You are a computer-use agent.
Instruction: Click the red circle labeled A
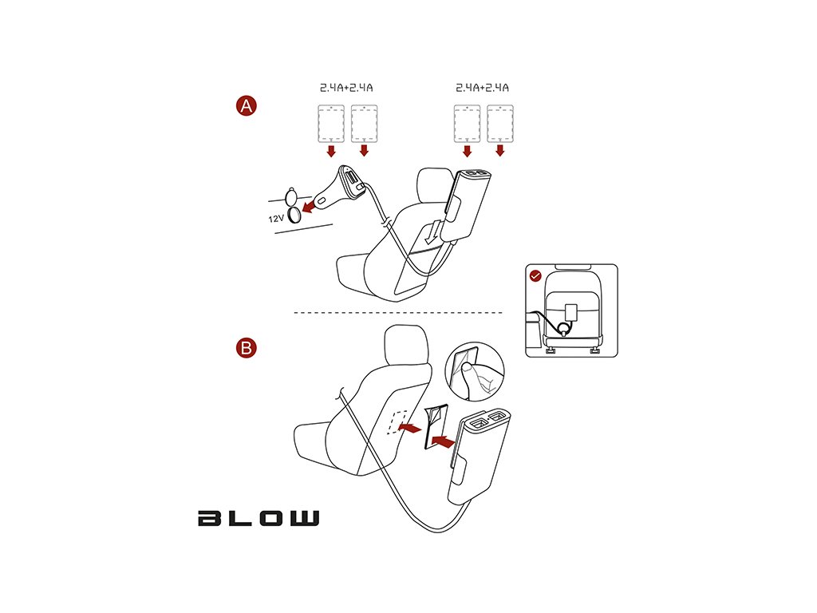click(x=247, y=106)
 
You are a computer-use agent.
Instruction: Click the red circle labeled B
click(x=247, y=347)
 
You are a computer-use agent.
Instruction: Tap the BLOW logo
click(x=259, y=518)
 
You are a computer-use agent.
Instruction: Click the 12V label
click(x=276, y=216)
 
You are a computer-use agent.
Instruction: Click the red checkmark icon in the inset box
click(x=536, y=276)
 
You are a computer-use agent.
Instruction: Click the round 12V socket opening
click(x=294, y=213)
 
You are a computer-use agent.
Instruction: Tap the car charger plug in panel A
click(x=339, y=188)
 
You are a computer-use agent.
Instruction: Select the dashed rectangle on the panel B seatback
click(x=397, y=423)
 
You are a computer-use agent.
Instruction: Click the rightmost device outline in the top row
click(x=499, y=123)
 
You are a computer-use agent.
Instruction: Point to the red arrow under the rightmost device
click(x=500, y=150)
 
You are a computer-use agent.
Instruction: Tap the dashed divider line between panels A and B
click(x=399, y=312)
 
